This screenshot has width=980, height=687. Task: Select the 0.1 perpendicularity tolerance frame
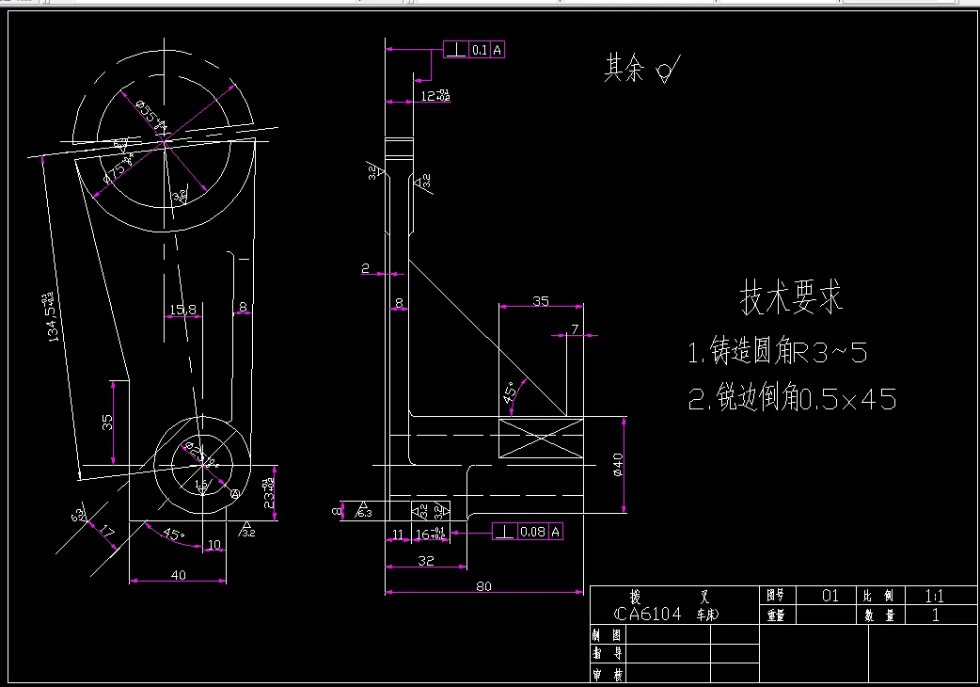click(x=475, y=50)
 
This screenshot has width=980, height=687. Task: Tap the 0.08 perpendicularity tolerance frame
click(x=528, y=533)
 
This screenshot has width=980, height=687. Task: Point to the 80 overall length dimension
click(x=483, y=585)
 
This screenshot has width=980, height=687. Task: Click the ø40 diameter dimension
click(x=618, y=464)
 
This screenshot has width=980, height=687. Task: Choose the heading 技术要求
click(x=792, y=297)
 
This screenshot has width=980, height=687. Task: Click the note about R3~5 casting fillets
click(x=778, y=353)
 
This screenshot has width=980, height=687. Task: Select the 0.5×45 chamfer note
click(x=792, y=399)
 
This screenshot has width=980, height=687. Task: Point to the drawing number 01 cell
click(x=830, y=596)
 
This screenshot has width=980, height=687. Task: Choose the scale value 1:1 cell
click(x=935, y=596)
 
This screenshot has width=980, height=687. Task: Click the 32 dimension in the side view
click(x=425, y=559)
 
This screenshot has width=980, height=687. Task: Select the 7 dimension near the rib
click(x=575, y=328)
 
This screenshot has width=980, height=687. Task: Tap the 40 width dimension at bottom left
click(x=178, y=574)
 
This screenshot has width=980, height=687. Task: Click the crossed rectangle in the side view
click(x=540, y=440)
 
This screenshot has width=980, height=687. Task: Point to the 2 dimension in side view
click(x=365, y=268)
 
